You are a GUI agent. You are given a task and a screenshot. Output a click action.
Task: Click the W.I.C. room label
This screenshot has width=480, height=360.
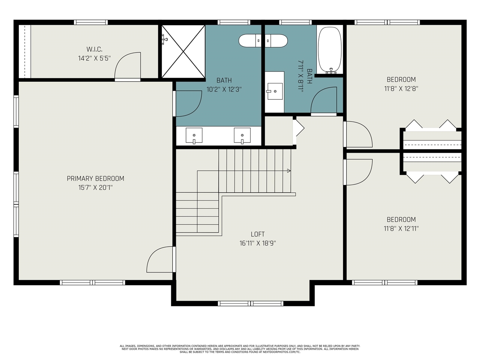tap(94, 49)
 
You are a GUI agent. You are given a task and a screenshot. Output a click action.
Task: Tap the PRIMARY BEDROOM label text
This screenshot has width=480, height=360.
tap(95, 178)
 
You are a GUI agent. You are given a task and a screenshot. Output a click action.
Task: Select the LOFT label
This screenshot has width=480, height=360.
tap(258, 234)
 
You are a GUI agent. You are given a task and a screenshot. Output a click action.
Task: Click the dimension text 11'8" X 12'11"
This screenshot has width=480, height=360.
tap(401, 229)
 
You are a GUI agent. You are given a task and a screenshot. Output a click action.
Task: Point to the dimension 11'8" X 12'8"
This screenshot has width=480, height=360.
tap(401, 89)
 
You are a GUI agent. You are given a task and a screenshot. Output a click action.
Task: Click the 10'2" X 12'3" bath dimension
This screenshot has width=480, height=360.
tap(224, 89)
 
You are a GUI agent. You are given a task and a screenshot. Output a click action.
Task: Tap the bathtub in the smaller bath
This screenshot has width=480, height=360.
tap(330, 50)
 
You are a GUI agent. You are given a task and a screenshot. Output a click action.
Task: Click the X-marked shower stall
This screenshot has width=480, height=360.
tap(183, 51)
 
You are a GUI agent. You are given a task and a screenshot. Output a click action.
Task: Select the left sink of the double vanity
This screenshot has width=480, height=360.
tap(194, 136)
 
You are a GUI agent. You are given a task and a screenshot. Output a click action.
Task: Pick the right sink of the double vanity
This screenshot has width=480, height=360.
tap(242, 136)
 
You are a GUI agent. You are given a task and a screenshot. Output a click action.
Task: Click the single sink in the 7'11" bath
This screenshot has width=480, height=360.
tap(274, 91)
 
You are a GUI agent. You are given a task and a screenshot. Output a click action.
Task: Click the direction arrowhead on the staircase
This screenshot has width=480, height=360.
tap(289, 171)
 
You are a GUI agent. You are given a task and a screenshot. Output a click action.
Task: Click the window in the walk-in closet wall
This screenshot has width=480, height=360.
tap(91, 22)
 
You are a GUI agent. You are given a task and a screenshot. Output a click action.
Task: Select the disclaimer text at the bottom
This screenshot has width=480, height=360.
tap(240, 349)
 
